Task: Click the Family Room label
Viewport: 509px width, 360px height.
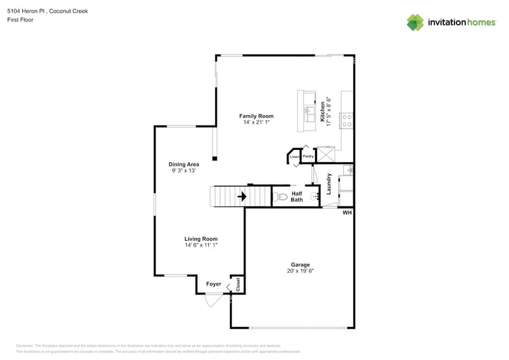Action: click(x=256, y=116)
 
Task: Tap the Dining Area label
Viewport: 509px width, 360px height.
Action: click(x=184, y=164)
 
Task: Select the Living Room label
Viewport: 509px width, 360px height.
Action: click(x=201, y=239)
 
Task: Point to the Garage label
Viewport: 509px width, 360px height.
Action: click(x=300, y=264)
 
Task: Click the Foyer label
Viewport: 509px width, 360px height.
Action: click(x=213, y=284)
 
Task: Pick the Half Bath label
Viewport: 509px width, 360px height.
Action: click(x=296, y=197)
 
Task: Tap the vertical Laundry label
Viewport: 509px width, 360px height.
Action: click(x=329, y=184)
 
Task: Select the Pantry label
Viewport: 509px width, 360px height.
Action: click(x=308, y=156)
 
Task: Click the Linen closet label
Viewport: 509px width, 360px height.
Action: click(x=295, y=157)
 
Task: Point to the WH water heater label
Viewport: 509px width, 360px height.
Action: click(x=347, y=213)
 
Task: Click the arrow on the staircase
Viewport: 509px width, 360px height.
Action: click(x=242, y=197)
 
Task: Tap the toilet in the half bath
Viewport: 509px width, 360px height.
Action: click(x=280, y=197)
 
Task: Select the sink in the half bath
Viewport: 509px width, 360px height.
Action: click(x=315, y=197)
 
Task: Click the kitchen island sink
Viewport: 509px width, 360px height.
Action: click(x=310, y=112)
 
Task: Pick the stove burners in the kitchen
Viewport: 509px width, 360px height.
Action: click(x=347, y=120)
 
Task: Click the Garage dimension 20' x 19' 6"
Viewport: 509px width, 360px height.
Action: click(x=300, y=271)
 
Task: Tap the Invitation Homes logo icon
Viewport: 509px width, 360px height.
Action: click(x=415, y=22)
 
